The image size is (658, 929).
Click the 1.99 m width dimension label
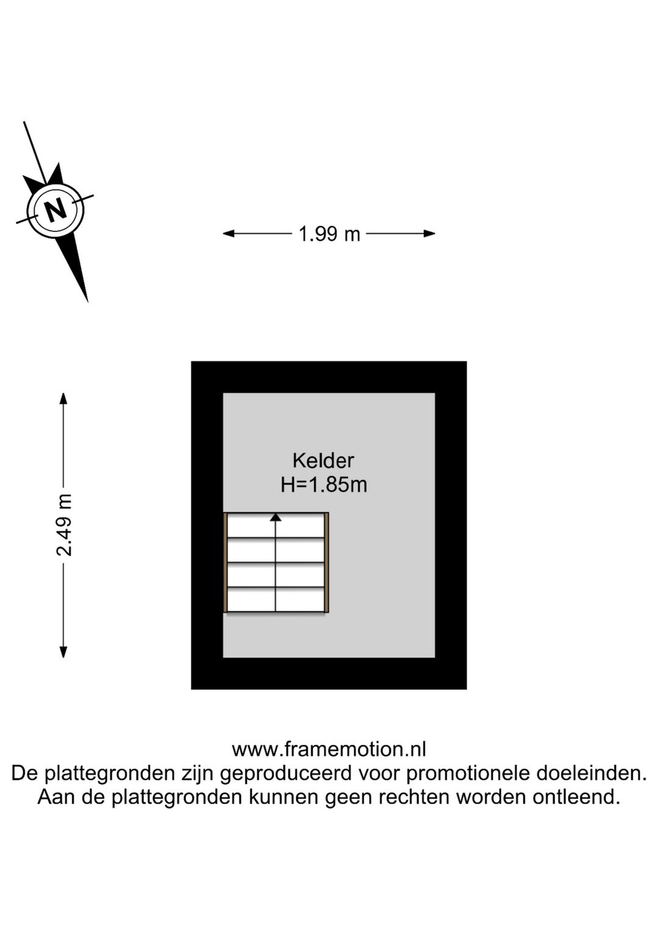[x=329, y=235]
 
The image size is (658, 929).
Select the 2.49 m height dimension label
[x=65, y=525]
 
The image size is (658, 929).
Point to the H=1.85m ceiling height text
[x=324, y=485]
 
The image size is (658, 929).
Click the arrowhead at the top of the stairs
[x=275, y=517]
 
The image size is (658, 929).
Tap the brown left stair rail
[x=225, y=563]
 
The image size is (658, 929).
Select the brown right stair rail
[x=327, y=563]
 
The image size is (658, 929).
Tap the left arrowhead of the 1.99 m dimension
[x=228, y=234]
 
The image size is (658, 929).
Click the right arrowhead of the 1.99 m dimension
[x=430, y=234]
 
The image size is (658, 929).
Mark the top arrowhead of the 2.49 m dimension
[x=63, y=399]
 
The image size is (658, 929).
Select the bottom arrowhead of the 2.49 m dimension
[x=63, y=652]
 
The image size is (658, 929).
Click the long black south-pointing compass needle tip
[x=88, y=302]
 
